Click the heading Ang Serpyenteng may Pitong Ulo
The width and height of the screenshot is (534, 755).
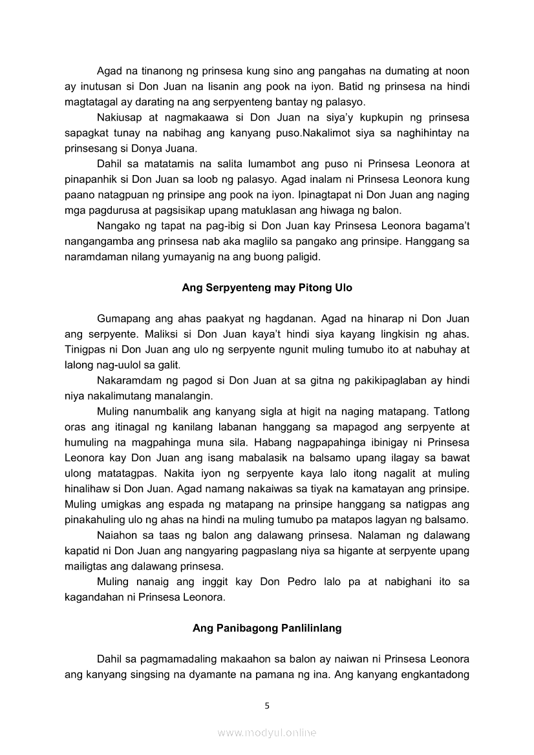pos(267,287)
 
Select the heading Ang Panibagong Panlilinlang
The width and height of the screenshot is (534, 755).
pos(267,628)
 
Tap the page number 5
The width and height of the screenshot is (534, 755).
pos(267,705)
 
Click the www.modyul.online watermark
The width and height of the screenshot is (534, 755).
pos(267,732)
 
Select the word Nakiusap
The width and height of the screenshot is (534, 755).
pos(118,118)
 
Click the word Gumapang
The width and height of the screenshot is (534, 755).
pos(123,318)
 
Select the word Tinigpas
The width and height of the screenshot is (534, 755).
pos(83,349)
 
